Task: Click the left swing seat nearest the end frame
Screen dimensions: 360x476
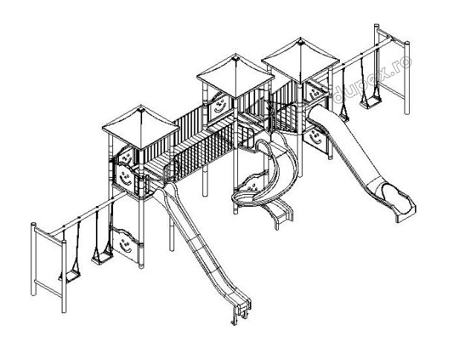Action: click(68, 275)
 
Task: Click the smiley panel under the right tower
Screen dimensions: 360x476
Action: click(316, 137)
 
